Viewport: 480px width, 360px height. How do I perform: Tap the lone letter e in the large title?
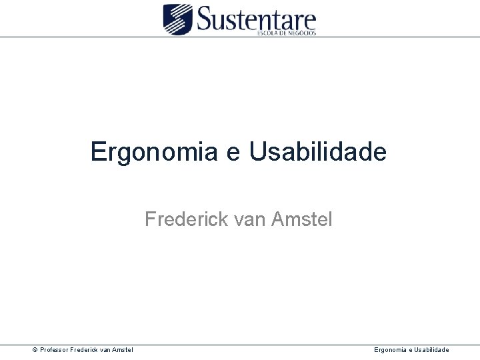(230, 153)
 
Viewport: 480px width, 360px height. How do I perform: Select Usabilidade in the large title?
(317, 152)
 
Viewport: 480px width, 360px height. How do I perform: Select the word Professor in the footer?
(57, 350)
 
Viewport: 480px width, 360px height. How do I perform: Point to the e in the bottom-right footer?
(410, 350)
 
